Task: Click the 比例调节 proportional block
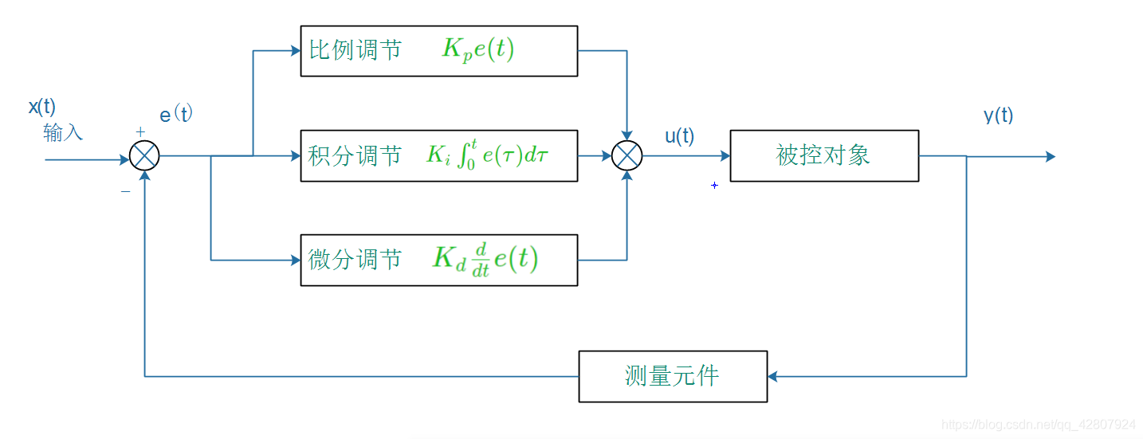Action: [x=438, y=51]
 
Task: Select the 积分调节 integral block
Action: [x=438, y=156]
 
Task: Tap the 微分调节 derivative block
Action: [x=438, y=260]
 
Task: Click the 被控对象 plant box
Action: [x=823, y=156]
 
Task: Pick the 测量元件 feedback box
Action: [x=672, y=376]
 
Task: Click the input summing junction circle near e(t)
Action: [x=144, y=156]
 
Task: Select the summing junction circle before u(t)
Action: [x=626, y=156]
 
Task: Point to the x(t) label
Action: [x=42, y=108]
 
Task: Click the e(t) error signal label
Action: [x=176, y=115]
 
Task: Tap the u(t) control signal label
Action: [x=679, y=137]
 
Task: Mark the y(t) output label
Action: [x=998, y=116]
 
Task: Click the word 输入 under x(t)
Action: [x=63, y=133]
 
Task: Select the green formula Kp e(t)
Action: [x=478, y=50]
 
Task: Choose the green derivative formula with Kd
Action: [x=485, y=260]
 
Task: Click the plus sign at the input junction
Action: [x=140, y=131]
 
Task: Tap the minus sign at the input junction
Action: [x=125, y=192]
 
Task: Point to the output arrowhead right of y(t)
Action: [x=1050, y=157]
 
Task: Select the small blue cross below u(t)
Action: [x=714, y=186]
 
